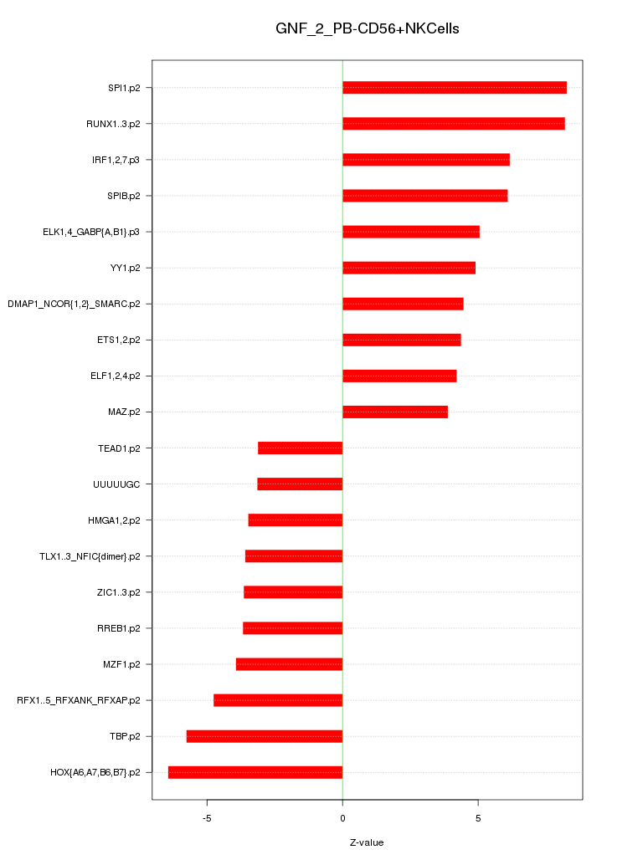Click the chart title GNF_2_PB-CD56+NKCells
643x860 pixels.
point(367,29)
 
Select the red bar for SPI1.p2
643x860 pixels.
point(454,88)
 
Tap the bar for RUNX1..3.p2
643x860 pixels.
point(453,124)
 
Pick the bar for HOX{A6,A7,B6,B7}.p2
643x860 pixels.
point(255,772)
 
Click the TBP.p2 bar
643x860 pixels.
point(265,736)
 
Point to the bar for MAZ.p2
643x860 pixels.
point(395,412)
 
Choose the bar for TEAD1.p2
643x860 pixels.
point(301,448)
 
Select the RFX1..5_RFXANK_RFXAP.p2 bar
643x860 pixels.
point(278,700)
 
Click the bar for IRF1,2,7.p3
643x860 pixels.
point(425,160)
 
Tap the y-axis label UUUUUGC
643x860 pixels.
point(116,484)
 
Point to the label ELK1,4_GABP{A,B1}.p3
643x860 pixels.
point(91,232)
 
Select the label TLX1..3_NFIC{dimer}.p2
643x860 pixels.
point(90,556)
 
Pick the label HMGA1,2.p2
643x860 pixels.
point(114,520)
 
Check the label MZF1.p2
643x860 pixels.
point(121,664)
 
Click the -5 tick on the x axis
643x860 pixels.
point(207,817)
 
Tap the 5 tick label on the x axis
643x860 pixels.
point(478,817)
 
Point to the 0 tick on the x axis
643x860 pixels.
point(342,817)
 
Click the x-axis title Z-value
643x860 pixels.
point(367,842)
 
